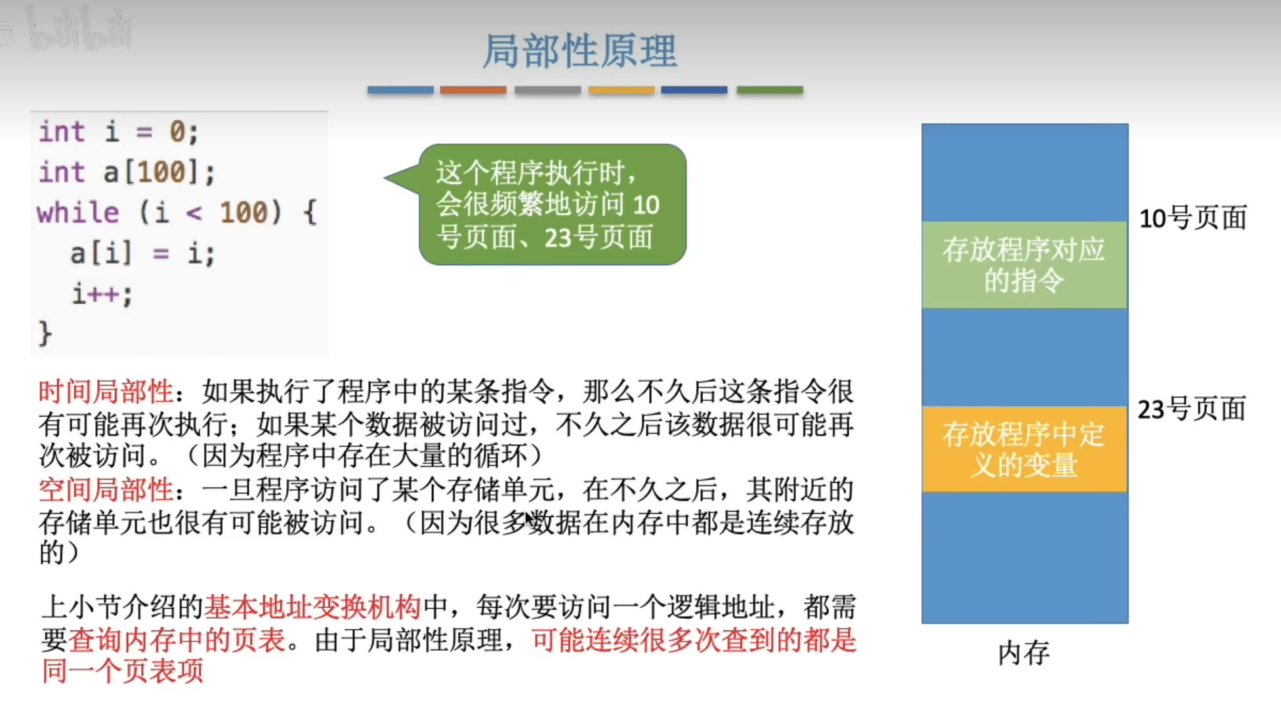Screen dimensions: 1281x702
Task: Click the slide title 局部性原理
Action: [x=579, y=51]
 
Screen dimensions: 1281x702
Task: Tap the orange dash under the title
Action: [x=473, y=90]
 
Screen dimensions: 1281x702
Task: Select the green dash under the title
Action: [x=770, y=90]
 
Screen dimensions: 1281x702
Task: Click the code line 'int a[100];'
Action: [x=127, y=173]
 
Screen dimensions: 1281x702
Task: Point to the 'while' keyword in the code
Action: [x=78, y=213]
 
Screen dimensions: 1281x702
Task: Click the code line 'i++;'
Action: [x=102, y=294]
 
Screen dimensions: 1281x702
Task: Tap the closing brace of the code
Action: [x=45, y=333]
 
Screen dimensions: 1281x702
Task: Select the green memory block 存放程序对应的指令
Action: [x=1024, y=265]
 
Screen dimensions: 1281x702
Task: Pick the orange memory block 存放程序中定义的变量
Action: [x=1024, y=449]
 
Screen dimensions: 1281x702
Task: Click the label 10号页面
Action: [x=1192, y=218]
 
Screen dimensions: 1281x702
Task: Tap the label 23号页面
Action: [x=1192, y=409]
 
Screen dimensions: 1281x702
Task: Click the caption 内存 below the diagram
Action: [x=1024, y=653]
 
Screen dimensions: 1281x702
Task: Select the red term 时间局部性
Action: [x=106, y=392]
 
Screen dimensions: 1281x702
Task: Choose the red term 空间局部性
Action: [x=106, y=490]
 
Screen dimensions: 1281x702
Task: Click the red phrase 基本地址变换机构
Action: [x=312, y=607]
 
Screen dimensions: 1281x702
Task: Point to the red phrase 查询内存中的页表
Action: [x=177, y=640]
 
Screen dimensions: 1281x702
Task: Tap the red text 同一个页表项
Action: [x=123, y=671]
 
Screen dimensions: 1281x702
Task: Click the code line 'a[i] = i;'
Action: [x=142, y=253]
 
